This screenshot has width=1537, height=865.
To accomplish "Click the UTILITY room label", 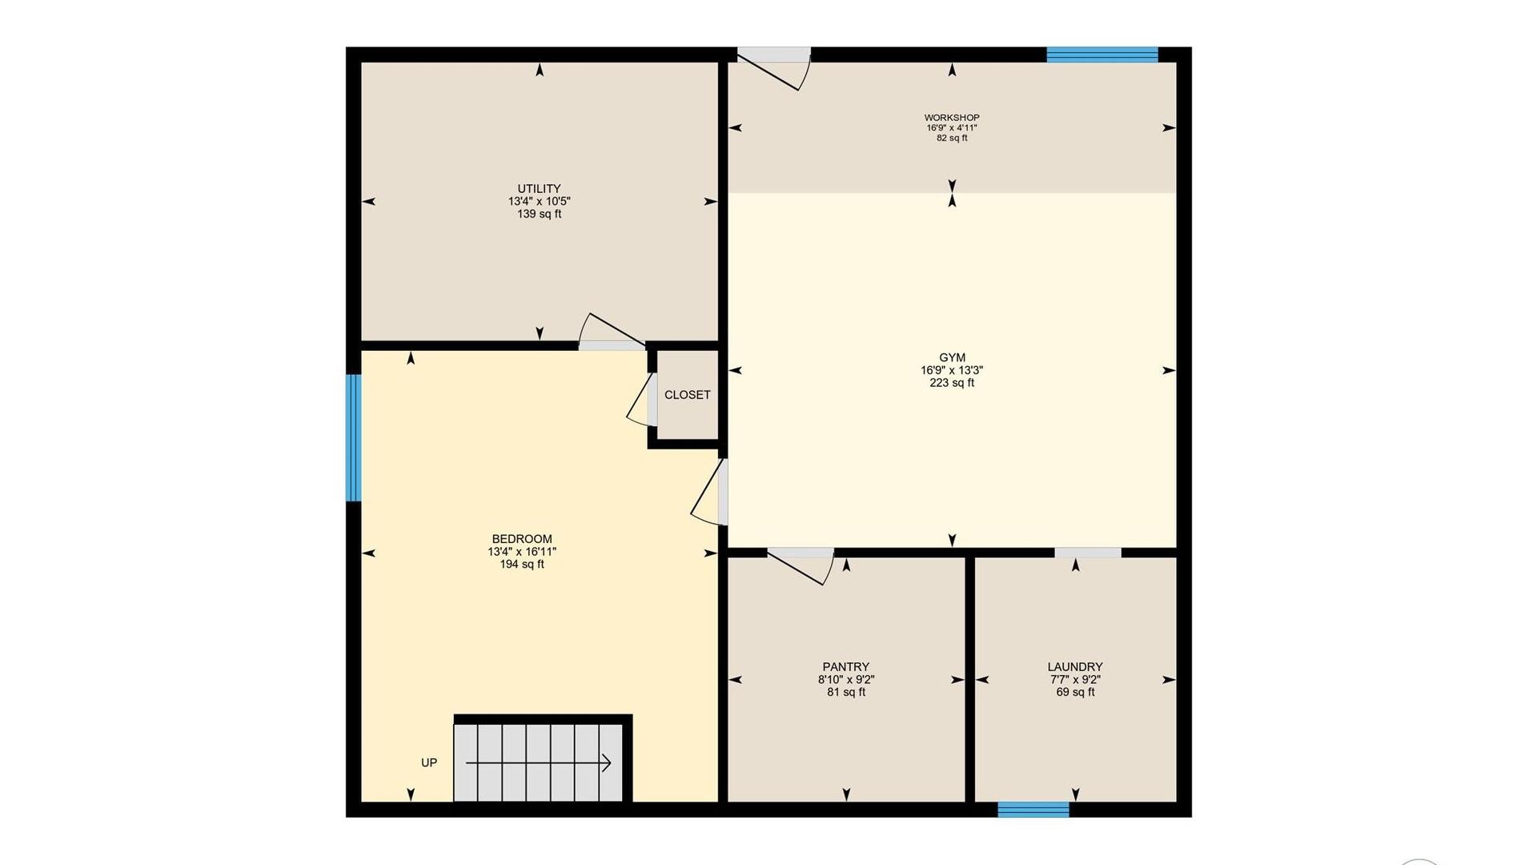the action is click(x=539, y=189).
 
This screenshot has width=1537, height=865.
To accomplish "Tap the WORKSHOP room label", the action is click(x=952, y=118).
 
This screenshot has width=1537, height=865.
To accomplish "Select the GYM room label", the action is click(x=952, y=358).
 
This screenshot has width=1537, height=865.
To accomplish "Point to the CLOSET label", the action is click(x=687, y=395).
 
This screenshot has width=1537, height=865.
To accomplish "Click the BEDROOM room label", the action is click(x=522, y=539).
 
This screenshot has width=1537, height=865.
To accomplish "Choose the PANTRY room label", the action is click(x=845, y=667).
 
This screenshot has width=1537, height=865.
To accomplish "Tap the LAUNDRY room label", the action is click(x=1075, y=667).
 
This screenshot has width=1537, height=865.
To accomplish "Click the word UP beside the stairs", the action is click(x=429, y=762).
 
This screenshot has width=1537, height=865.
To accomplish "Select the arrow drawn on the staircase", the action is click(x=539, y=763).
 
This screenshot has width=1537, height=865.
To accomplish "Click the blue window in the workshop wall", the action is click(x=1102, y=54).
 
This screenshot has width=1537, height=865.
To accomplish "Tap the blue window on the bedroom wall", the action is click(x=353, y=438).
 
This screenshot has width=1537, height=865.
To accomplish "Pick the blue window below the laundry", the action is click(x=1033, y=809).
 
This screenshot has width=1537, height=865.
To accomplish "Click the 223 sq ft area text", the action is click(x=952, y=383).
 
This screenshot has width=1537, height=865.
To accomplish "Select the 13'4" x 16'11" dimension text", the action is click(x=522, y=552).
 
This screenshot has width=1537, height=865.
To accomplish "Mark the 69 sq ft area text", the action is click(x=1075, y=692).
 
